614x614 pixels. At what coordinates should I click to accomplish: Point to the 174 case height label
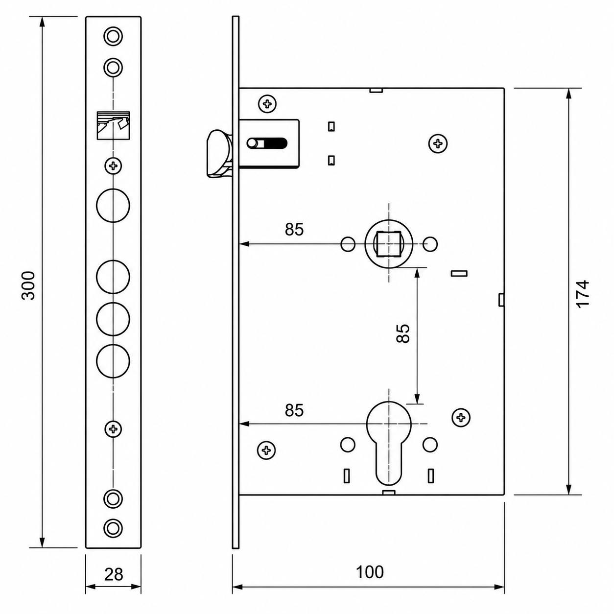(x=584, y=294)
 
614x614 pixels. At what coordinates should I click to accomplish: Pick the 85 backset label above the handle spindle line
(x=294, y=229)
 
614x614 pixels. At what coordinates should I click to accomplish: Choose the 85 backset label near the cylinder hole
(x=294, y=410)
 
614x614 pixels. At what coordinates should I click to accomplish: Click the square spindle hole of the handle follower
(x=388, y=244)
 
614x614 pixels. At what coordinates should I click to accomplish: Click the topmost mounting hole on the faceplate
(x=113, y=36)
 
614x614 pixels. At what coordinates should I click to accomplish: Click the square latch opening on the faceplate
(x=113, y=125)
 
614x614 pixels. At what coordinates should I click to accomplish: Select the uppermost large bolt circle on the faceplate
(x=113, y=205)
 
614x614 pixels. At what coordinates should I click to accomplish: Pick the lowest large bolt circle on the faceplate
(x=113, y=361)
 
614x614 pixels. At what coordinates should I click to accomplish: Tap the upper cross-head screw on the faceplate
(x=113, y=165)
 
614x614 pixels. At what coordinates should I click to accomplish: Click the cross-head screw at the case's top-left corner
(x=267, y=103)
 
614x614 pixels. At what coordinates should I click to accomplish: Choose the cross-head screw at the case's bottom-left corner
(x=266, y=450)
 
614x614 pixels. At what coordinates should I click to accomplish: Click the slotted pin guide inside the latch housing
(x=267, y=143)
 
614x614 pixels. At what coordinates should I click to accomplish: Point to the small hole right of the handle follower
(x=430, y=244)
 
